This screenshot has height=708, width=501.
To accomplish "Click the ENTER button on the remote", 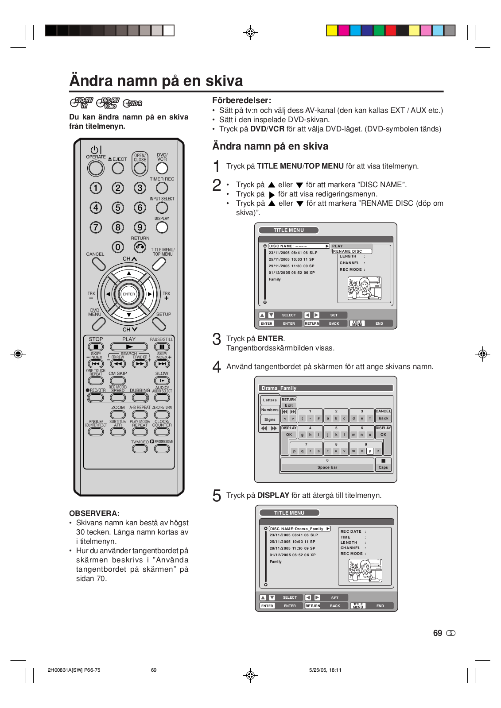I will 129,294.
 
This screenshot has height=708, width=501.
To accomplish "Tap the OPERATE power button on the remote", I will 96,168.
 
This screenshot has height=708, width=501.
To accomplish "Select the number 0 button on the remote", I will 118,247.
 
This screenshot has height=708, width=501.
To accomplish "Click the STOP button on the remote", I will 96,347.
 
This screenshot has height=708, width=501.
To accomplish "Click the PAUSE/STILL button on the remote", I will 162,347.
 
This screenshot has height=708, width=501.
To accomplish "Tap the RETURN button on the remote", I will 140,247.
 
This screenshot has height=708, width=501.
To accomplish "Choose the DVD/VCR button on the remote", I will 162,168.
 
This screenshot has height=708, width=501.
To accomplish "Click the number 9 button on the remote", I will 140,227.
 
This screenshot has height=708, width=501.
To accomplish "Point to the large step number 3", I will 217,339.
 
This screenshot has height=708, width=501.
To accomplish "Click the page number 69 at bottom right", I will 438,633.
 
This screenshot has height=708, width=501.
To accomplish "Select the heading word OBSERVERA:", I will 94,513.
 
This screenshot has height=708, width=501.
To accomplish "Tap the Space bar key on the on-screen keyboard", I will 327,467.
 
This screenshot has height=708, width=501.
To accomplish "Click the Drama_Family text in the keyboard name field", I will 279,388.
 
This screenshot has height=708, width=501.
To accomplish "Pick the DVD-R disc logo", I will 132,104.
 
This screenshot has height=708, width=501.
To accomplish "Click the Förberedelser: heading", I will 242,100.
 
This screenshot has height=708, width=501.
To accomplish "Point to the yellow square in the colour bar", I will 332,31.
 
